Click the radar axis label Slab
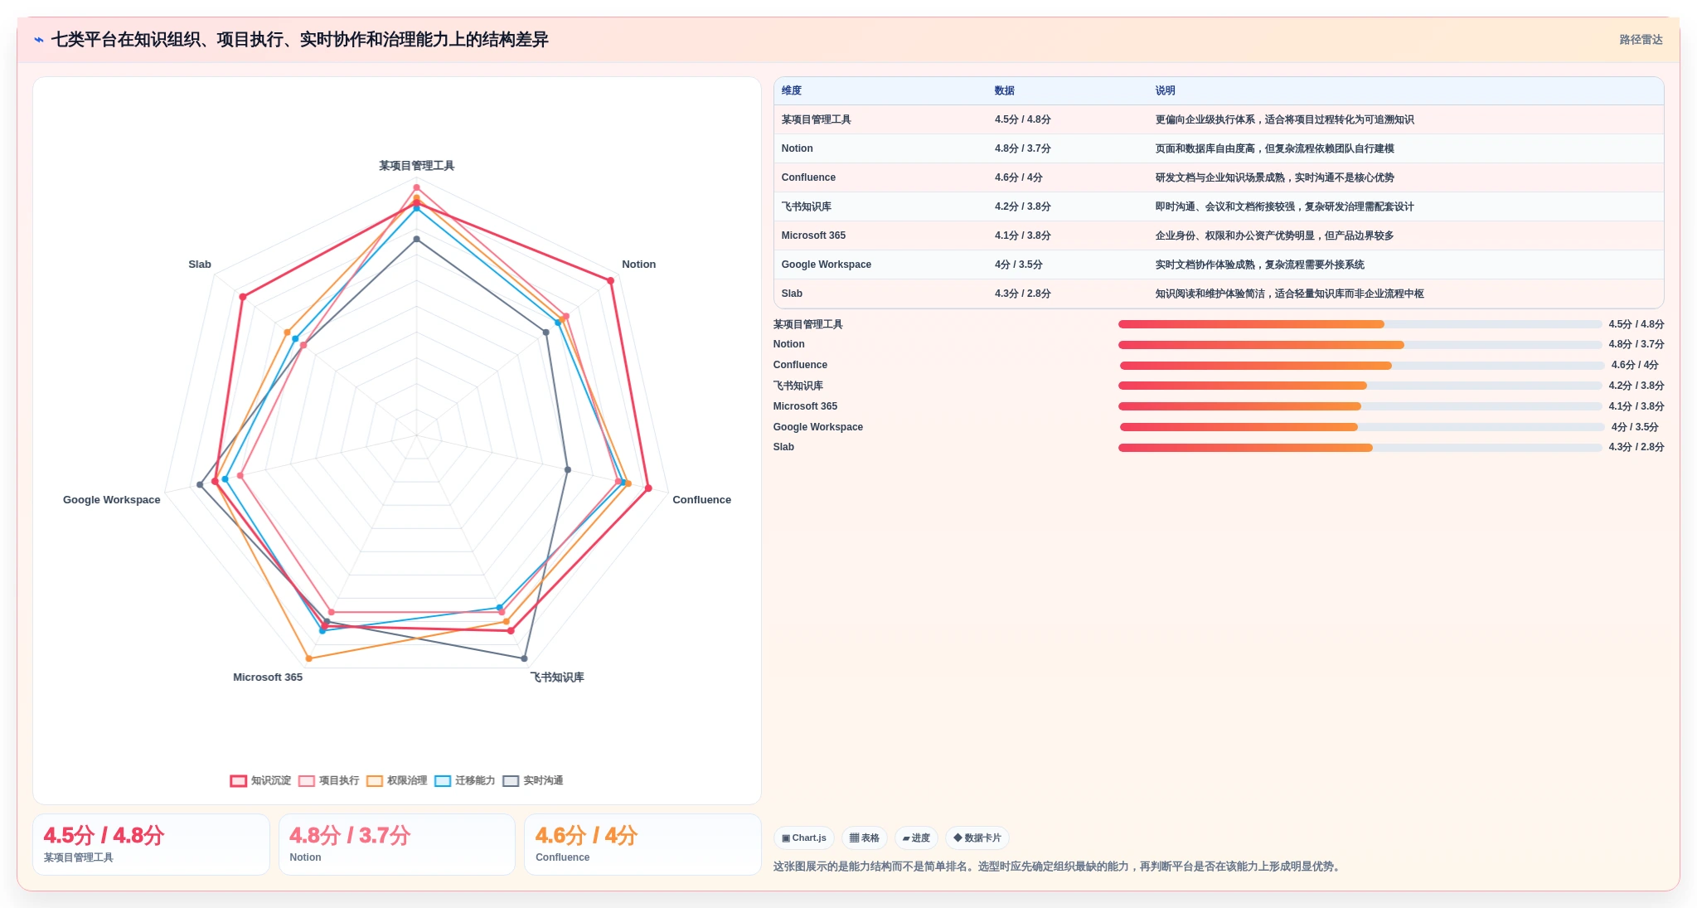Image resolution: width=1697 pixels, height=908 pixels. pos(200,265)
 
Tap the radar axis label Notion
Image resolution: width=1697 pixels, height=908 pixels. pos(638,265)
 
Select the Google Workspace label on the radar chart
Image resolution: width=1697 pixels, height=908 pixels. pos(112,500)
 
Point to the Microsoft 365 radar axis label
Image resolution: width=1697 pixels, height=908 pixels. pos(268,677)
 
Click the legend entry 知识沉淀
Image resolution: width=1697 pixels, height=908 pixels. pos(260,780)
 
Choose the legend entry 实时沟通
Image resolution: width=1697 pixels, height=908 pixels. pos(532,780)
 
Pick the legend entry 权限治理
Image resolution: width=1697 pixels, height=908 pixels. pos(396,780)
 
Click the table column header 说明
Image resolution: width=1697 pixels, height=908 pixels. pos(1165,91)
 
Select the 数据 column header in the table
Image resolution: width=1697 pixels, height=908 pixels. pos(1004,91)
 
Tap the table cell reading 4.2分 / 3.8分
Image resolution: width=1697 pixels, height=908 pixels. pos(1022,206)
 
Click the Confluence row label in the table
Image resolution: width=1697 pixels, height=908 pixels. pos(808,177)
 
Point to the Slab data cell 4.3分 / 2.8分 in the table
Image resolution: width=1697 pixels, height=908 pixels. pos(1022,294)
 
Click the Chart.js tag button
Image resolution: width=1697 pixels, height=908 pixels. pos(804,838)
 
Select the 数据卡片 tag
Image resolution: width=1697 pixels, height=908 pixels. pos(977,838)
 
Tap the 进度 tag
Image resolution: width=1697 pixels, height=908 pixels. pos(916,838)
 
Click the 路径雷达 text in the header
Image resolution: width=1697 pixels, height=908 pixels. pos(1641,40)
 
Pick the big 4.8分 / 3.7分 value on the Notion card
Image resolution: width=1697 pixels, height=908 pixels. pos(350,835)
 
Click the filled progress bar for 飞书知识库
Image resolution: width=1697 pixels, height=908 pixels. pos(1242,386)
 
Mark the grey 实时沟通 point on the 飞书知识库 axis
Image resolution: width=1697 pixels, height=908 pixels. pos(524,658)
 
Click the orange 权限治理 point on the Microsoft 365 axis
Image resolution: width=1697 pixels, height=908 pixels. pos(309,658)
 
